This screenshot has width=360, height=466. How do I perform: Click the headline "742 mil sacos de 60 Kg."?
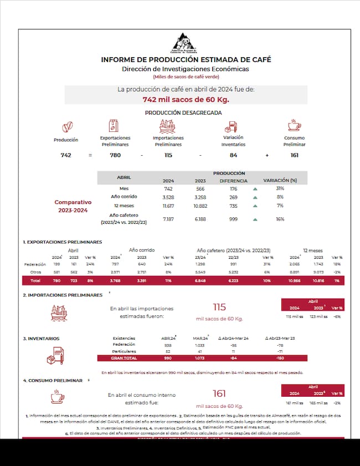186,99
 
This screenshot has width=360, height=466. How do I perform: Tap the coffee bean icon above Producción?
66,127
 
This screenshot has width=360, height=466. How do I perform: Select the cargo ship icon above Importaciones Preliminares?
168,126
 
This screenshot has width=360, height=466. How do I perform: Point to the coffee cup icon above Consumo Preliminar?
294,125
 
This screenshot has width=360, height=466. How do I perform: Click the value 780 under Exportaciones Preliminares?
115,155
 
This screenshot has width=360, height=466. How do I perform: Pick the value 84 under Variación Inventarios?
233,155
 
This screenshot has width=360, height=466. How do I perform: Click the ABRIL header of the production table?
124,177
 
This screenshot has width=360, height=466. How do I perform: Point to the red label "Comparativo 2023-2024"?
73,206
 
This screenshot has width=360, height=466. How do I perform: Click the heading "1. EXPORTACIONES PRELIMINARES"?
63,243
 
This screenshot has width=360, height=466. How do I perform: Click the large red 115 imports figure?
220,308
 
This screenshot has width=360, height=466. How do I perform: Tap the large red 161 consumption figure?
220,393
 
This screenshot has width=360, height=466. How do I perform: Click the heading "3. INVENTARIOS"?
42,338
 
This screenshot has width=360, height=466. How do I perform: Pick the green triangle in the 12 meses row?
255,206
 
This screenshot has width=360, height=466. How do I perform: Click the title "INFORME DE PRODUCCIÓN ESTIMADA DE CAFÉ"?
186,59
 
